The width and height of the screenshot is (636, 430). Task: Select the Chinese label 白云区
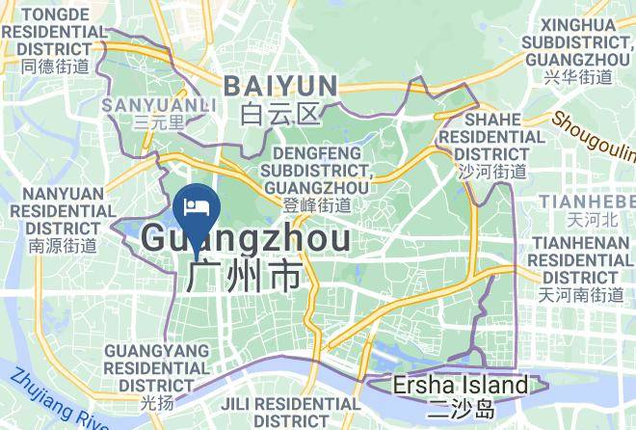280,116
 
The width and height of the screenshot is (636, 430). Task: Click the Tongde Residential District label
54,32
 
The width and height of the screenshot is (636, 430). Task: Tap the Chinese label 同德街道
54,67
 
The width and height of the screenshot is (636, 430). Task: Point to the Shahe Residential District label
491,136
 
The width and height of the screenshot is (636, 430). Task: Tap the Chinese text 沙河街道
491,172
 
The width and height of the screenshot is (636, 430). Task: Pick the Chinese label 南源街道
63,246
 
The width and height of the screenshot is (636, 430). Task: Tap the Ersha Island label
461,386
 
